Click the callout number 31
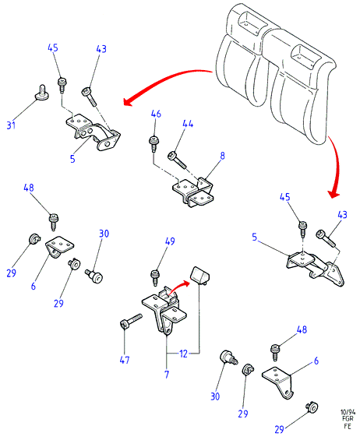pos(11,125)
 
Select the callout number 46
pos(156,114)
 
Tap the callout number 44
pos(188,124)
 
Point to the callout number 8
pos(222,156)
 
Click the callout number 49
pos(170,241)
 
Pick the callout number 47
pos(125,360)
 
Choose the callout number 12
pos(183,354)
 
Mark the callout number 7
pos(167,375)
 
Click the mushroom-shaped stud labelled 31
pos(42,93)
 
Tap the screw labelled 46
pos(153,143)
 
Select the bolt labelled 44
pos(177,160)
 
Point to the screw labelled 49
pos(155,277)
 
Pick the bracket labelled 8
pos(193,192)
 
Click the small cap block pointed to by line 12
pos(200,275)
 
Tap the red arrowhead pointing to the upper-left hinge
pos(128,101)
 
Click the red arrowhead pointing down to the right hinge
pos(334,194)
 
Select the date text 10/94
pos(348,412)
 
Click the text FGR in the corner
pos(348,419)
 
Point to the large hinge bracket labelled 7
pos(164,309)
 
